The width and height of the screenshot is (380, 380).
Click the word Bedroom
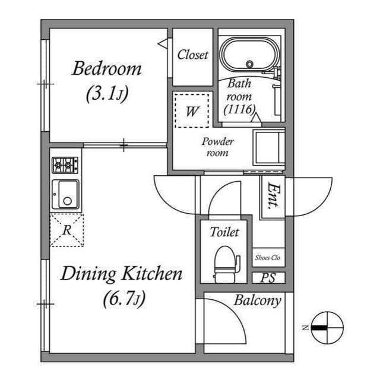click(x=107, y=69)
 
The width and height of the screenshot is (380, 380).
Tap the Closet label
click(x=192, y=55)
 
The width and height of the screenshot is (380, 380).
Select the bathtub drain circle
click(x=249, y=64)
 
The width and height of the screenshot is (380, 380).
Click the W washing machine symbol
click(x=192, y=111)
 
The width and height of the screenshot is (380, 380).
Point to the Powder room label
click(x=217, y=147)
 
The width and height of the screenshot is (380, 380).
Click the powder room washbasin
click(x=268, y=148)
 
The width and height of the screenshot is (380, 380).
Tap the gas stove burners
click(x=65, y=165)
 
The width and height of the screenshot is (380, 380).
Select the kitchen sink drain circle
click(x=67, y=201)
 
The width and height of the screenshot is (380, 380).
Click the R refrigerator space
click(x=67, y=230)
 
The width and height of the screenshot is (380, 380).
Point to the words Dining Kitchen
click(x=121, y=274)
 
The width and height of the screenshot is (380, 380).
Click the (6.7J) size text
click(x=125, y=299)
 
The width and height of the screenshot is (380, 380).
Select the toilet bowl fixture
click(x=226, y=265)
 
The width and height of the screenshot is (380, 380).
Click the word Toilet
click(x=224, y=232)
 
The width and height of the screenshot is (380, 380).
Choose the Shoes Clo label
click(x=268, y=258)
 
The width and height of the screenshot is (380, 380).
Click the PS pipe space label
click(x=268, y=278)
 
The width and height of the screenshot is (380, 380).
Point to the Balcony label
click(x=257, y=301)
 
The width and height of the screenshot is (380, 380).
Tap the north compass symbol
click(x=327, y=328)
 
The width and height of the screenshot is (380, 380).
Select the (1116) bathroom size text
click(x=239, y=109)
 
